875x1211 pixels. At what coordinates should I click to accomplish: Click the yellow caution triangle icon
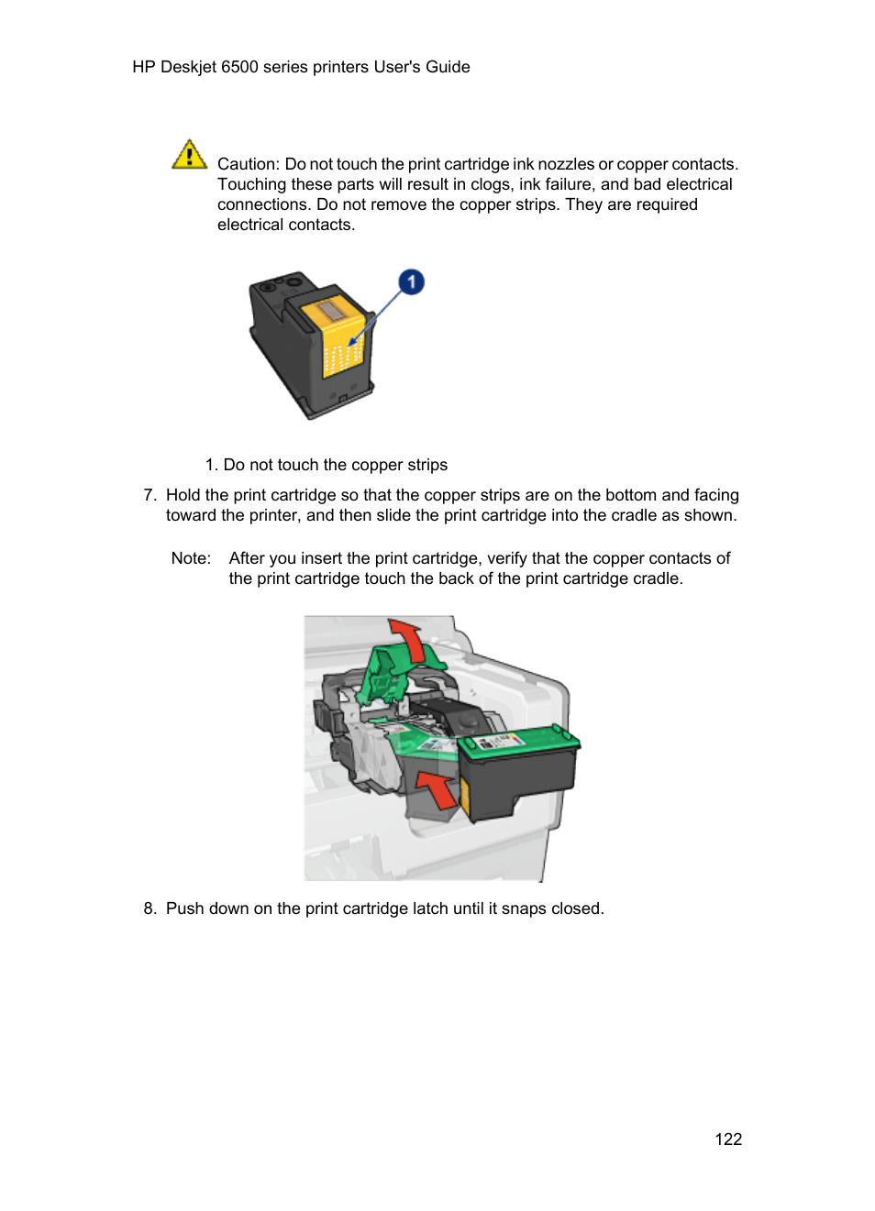189,155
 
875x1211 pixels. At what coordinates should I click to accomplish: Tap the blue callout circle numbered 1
412,282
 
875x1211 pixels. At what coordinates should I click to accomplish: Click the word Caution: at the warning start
249,164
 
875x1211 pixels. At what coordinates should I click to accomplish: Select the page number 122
728,1139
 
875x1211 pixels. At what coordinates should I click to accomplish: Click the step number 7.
150,495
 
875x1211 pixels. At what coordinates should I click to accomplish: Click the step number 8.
150,908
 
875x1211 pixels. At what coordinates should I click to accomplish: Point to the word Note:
191,558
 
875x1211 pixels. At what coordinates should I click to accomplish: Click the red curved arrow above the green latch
407,639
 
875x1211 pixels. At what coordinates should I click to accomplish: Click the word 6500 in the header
239,67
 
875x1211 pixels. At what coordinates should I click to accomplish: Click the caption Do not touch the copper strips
335,465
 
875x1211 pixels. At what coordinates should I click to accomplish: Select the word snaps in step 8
524,908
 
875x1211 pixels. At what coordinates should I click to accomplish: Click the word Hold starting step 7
183,495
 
